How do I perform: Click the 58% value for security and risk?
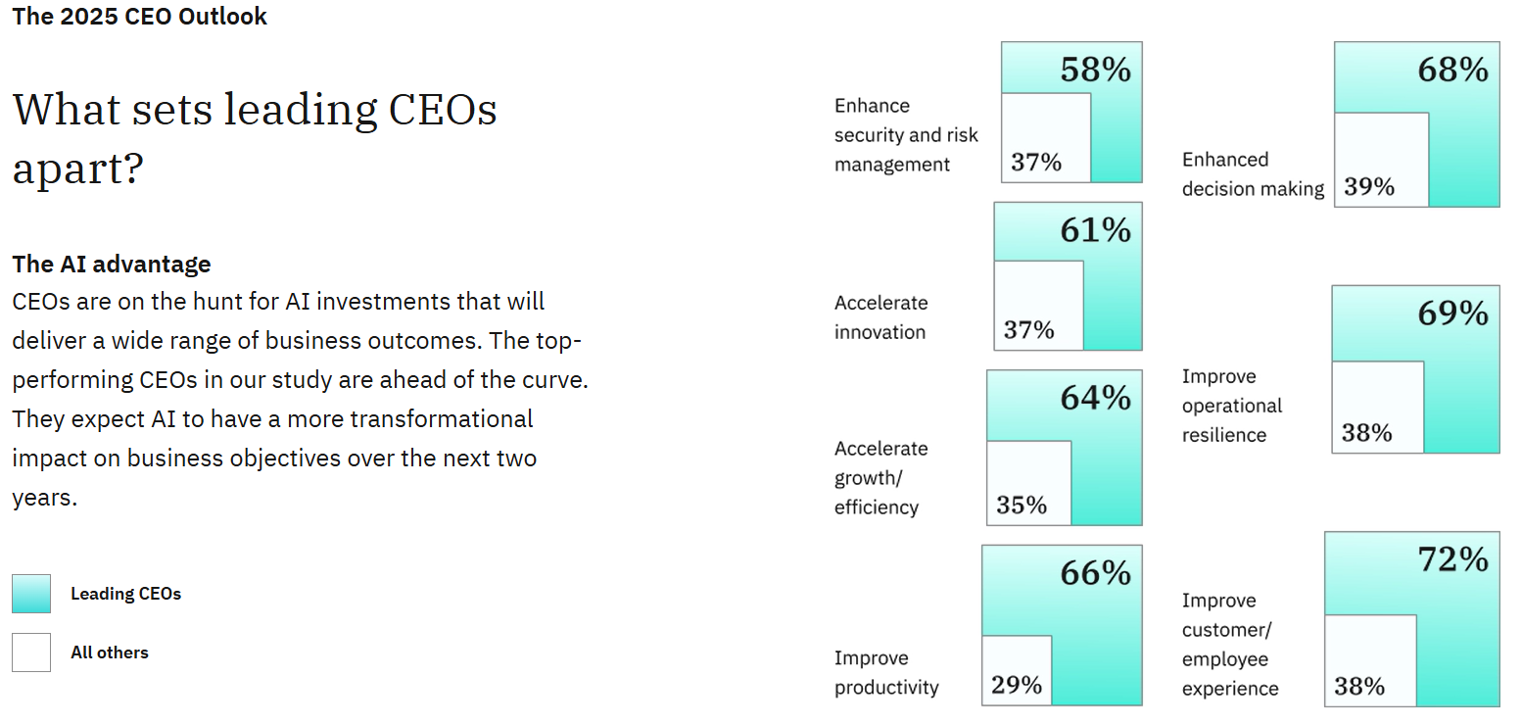[1095, 70]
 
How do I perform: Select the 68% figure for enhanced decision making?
[1452, 70]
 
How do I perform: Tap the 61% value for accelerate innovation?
[1095, 230]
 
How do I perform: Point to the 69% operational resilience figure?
[1452, 314]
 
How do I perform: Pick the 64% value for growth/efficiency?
[1095, 398]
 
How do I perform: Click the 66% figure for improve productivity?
[1095, 573]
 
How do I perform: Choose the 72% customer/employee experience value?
[1452, 559]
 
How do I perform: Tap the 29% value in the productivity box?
[1016, 685]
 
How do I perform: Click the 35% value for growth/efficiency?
[1022, 505]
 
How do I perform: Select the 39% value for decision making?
[1369, 186]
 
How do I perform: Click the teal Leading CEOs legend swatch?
[31, 594]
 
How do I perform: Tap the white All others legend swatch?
[31, 652]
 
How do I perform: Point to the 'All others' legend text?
[110, 652]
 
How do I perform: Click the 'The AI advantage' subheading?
[112, 264]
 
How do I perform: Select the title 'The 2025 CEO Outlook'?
[139, 17]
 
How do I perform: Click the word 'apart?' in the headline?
[78, 169]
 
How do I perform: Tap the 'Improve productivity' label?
[886, 673]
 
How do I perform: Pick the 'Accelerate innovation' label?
[880, 317]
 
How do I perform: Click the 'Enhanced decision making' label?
[1253, 174]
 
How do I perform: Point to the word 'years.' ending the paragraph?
[45, 498]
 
